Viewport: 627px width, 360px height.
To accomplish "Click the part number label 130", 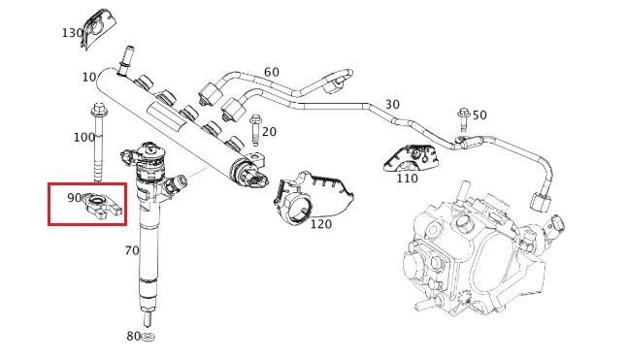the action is [x=72, y=33].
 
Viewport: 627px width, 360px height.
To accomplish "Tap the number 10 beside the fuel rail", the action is [x=89, y=77].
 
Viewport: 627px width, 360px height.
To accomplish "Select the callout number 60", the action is [x=272, y=72].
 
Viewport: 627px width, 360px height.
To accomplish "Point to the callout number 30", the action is [x=392, y=104].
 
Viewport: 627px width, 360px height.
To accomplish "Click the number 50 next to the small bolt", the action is [x=479, y=115].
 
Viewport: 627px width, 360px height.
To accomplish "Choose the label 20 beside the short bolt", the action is [x=269, y=131].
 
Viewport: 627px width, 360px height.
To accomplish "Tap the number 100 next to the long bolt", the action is [x=84, y=138].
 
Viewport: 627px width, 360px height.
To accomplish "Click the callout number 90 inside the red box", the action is [x=75, y=197].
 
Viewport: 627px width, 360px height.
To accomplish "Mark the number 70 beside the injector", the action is [x=132, y=250].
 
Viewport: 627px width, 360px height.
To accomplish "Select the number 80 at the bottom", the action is [x=134, y=336].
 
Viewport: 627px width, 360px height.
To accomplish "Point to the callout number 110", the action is [x=407, y=179].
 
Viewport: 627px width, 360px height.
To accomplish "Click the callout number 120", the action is [x=321, y=224].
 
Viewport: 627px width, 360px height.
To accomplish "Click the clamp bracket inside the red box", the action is [x=102, y=206].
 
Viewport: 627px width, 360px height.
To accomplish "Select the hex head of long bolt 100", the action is [x=98, y=108].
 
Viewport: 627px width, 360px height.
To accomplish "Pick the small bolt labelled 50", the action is [x=463, y=119].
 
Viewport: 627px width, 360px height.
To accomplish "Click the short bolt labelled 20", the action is [x=255, y=130].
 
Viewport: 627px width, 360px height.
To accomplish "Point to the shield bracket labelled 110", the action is [x=412, y=157].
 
